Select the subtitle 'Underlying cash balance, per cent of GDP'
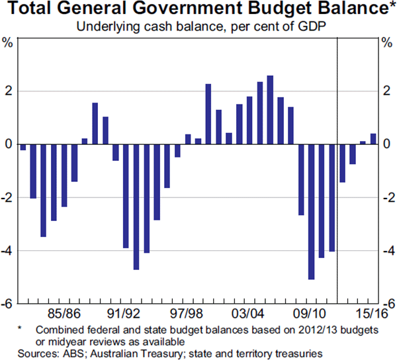198,27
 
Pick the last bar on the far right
374,139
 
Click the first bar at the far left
23,147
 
